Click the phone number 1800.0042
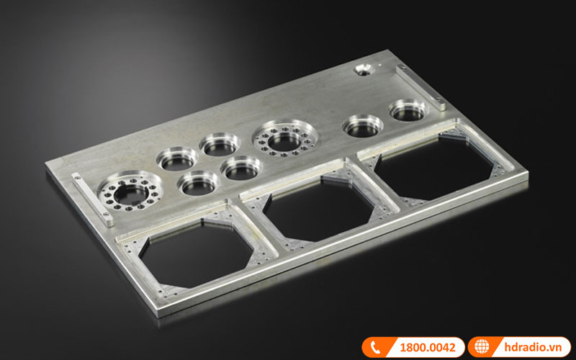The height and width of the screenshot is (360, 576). pyautogui.click(x=428, y=347)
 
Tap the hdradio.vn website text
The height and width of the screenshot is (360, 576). pyautogui.click(x=533, y=347)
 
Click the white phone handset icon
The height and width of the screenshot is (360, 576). pyautogui.click(x=375, y=347)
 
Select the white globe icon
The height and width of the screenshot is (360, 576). pyautogui.click(x=482, y=347)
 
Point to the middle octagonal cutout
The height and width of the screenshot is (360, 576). pyautogui.click(x=318, y=210)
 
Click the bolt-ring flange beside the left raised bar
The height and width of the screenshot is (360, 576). pyautogui.click(x=130, y=191)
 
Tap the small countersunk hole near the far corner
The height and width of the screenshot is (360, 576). pyautogui.click(x=364, y=69)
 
